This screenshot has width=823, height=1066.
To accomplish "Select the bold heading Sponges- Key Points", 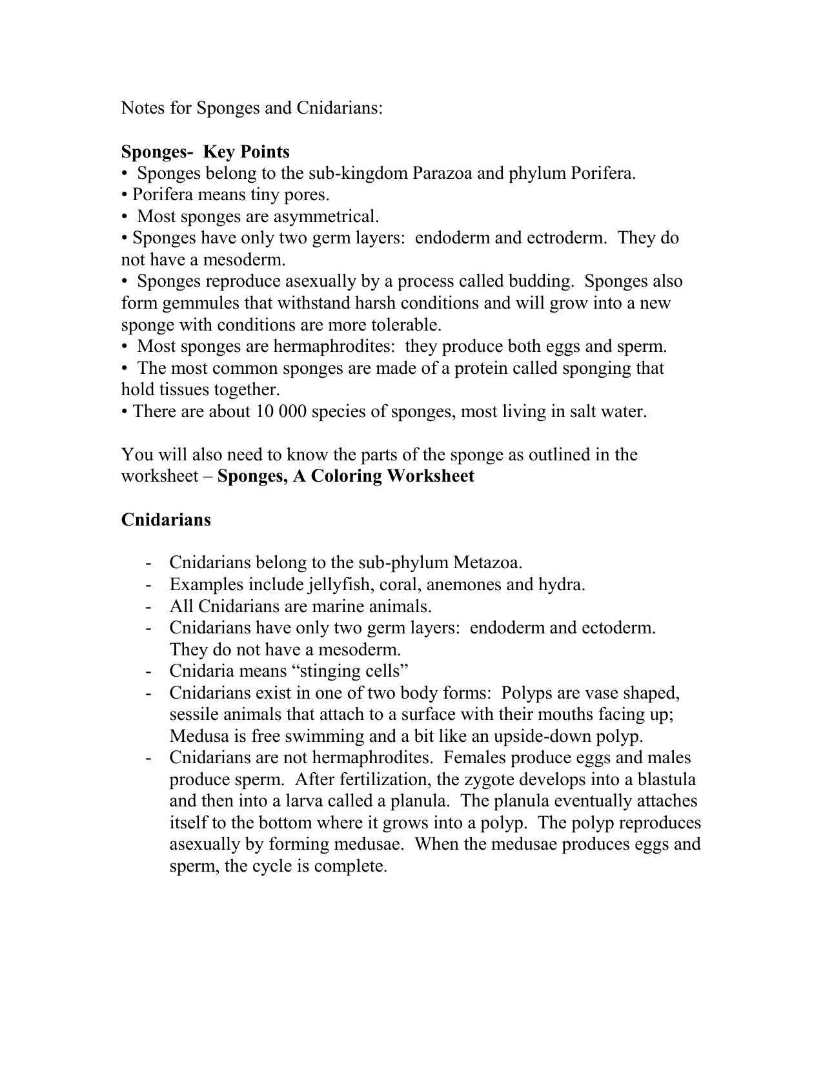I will [205, 152].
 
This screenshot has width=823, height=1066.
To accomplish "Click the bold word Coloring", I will [347, 477].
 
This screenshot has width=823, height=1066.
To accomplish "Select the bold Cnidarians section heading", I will [166, 520].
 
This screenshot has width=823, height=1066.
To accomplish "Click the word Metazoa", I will [487, 563].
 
